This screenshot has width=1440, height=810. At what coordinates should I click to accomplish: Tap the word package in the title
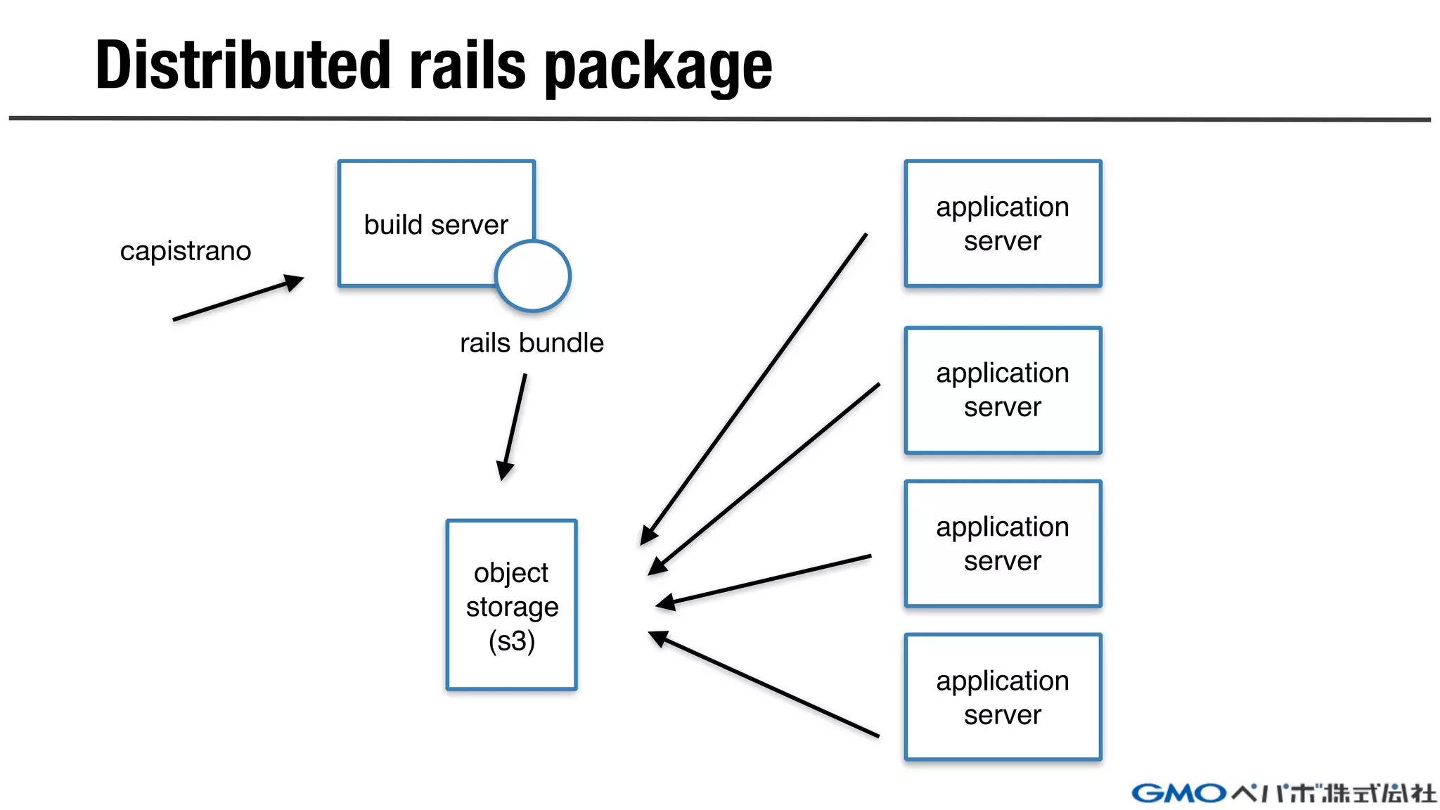click(658, 69)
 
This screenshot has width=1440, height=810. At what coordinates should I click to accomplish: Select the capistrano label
click(186, 251)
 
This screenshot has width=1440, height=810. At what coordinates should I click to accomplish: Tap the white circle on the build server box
click(533, 276)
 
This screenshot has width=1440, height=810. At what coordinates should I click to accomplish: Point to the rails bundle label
click(532, 343)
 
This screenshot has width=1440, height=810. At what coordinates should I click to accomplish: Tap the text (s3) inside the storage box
click(512, 641)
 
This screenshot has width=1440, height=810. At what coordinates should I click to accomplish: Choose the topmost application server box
click(1003, 224)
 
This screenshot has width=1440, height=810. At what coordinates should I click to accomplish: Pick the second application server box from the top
click(1003, 390)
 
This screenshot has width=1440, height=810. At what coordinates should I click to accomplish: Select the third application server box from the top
click(1003, 544)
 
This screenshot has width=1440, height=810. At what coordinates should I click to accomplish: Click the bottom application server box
click(1003, 697)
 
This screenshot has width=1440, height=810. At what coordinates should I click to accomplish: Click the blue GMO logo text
click(1178, 794)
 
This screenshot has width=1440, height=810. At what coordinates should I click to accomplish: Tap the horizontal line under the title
click(720, 119)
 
